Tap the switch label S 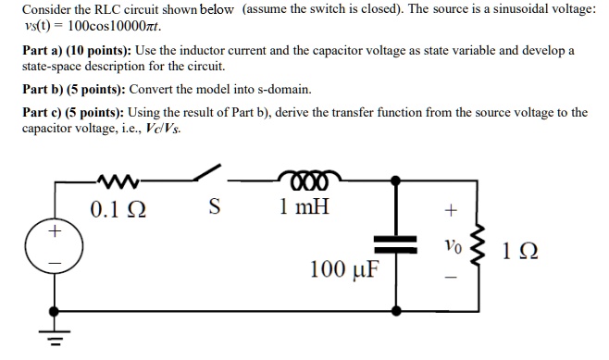pyautogui.click(x=213, y=205)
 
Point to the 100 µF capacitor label pyautogui.click(x=341, y=269)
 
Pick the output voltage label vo pyautogui.click(x=451, y=247)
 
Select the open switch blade pyautogui.click(x=208, y=174)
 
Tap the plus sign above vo pyautogui.click(x=451, y=211)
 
